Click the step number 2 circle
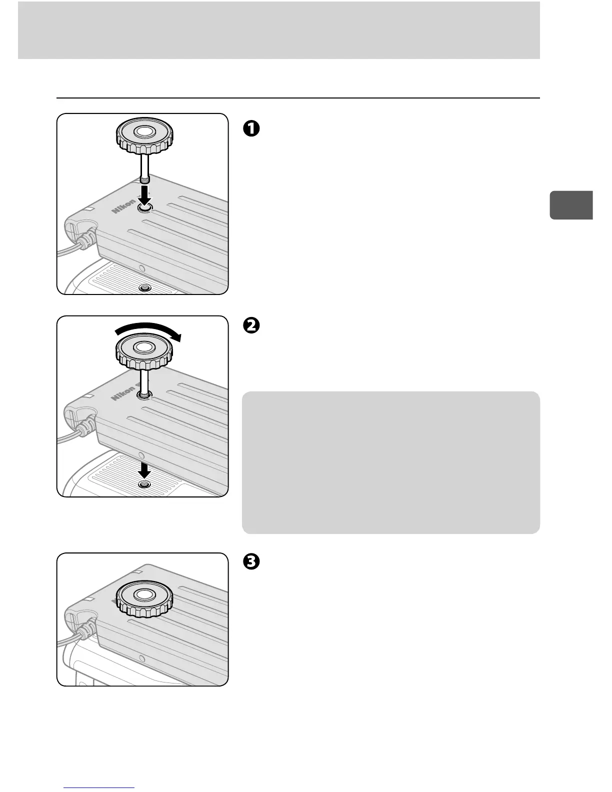pyautogui.click(x=251, y=325)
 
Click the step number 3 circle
pyautogui.click(x=251, y=562)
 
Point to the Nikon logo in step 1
pyautogui.click(x=123, y=205)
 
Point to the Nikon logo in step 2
pyautogui.click(x=123, y=392)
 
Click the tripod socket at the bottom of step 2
pyautogui.click(x=144, y=485)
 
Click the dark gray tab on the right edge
pyautogui.click(x=571, y=205)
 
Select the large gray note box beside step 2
pyautogui.click(x=390, y=462)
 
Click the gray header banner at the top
pyautogui.click(x=278, y=30)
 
